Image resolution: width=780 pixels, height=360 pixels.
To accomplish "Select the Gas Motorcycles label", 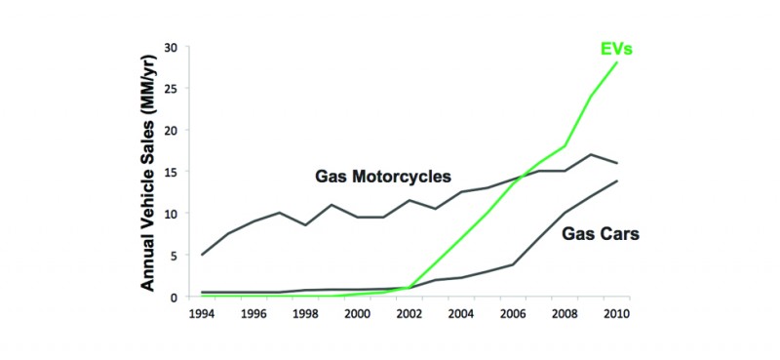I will pos(383,177).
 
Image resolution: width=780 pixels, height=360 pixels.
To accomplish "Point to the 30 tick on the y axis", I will pos(171,47).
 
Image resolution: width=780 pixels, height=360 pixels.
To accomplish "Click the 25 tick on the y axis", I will pos(171,89).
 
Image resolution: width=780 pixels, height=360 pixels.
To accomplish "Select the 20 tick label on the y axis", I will pos(171,131).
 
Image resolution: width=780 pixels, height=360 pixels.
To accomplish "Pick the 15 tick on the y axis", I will pos(171,172).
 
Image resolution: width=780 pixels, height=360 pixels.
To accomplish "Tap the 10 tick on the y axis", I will pos(171,214).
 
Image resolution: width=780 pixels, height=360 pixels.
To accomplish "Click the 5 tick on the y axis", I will pos(174,256).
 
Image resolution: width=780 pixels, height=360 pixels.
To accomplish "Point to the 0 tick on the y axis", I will pos(174,297).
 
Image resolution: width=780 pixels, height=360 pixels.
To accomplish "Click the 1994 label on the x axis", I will pos(202,314).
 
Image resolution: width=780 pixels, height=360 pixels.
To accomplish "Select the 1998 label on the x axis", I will pos(305,314).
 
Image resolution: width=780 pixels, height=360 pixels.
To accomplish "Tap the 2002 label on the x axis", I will pos(409,314).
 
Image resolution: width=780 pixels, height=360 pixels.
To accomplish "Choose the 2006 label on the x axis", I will pos(512,314).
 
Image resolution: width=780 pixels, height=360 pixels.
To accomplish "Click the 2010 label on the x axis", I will pos(615,314).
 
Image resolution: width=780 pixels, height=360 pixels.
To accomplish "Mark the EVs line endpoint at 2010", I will pos(616,62).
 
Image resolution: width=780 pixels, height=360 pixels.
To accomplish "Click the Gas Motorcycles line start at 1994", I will pos(202,255).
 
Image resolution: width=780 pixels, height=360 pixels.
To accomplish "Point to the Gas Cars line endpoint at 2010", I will pos(616,181).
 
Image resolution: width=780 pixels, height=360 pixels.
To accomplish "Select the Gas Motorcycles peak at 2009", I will pos(590,155).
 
